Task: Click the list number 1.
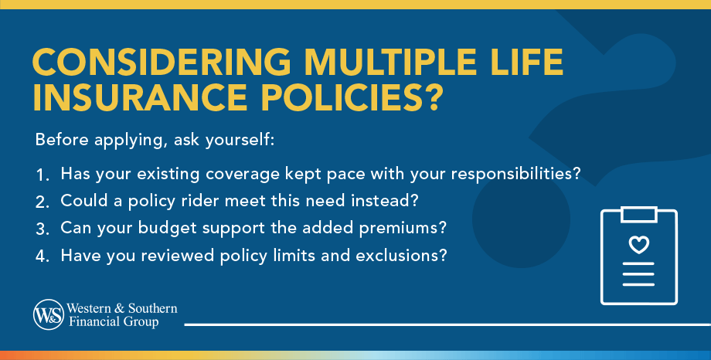pos(42,175)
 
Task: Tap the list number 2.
pos(42,201)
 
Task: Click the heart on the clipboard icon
pos(638,246)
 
